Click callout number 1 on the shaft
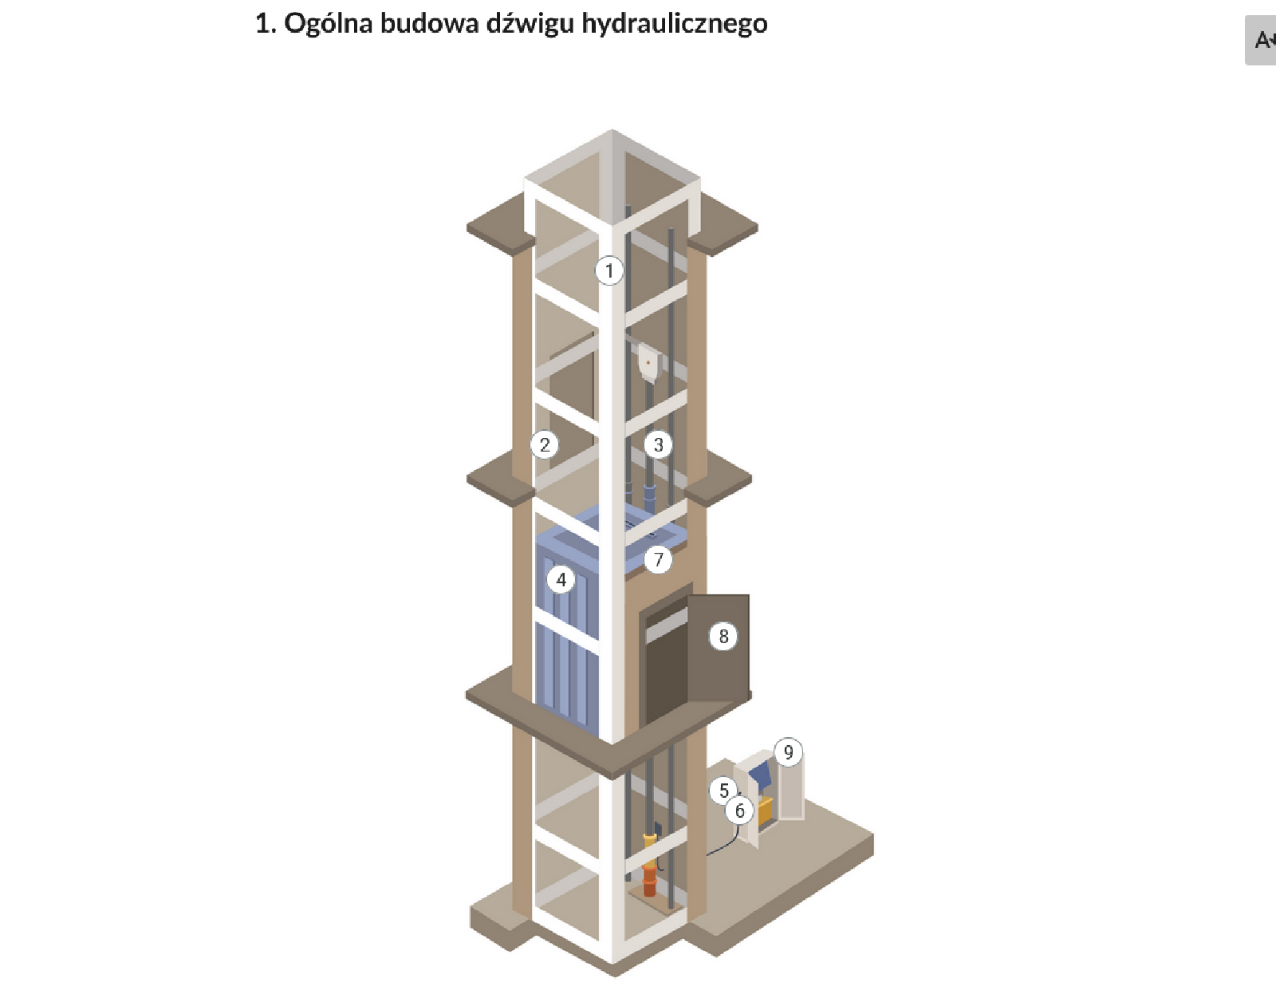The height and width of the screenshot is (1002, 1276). (609, 270)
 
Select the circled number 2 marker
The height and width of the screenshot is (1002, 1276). (545, 444)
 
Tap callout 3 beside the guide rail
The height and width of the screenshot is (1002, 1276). (658, 444)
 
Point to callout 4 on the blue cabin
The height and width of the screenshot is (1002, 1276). (561, 580)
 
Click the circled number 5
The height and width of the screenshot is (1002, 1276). (723, 790)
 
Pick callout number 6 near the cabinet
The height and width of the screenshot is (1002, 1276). (739, 811)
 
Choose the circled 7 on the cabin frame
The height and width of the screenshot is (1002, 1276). (658, 559)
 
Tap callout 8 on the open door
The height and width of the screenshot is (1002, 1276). (723, 636)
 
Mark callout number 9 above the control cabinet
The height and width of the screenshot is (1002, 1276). (788, 751)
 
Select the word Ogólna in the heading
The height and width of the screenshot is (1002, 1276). (329, 24)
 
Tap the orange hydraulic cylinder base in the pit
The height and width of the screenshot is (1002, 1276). (650, 882)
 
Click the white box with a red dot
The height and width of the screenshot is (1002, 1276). (648, 363)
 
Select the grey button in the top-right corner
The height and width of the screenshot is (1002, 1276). (1261, 40)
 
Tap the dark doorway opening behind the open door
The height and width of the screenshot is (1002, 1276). (665, 670)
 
